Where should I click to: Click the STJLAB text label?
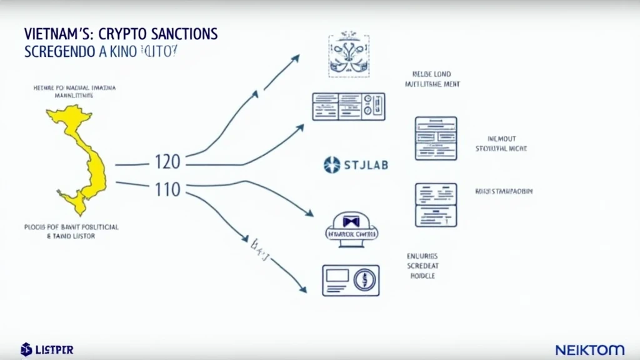pos(366,165)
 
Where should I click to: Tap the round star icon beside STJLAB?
pos(332,165)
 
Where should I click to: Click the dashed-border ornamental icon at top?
pos(349,56)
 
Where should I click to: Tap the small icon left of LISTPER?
pos(26,349)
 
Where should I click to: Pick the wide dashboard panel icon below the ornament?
pos(348,106)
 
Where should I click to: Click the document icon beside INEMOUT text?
pos(436,138)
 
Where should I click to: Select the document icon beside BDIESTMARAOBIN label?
pos(436,205)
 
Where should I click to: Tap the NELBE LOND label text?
pos(431,74)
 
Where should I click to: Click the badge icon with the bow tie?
pos(349,226)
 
